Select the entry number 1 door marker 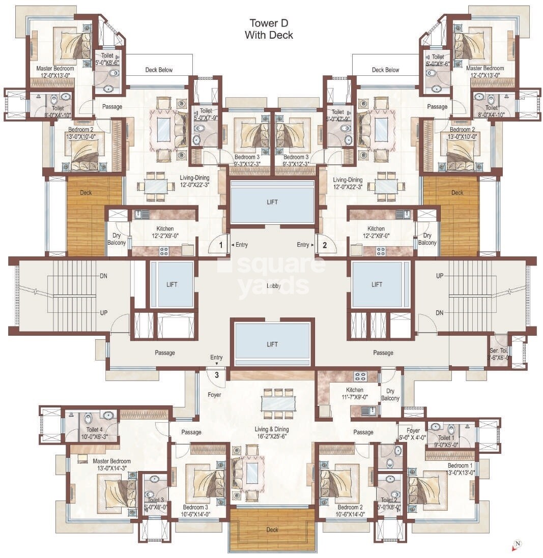(220, 245)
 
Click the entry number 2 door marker (324, 245)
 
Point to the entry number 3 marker (216, 375)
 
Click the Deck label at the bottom (272, 530)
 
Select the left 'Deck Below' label (159, 70)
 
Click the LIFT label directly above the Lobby (272, 202)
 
